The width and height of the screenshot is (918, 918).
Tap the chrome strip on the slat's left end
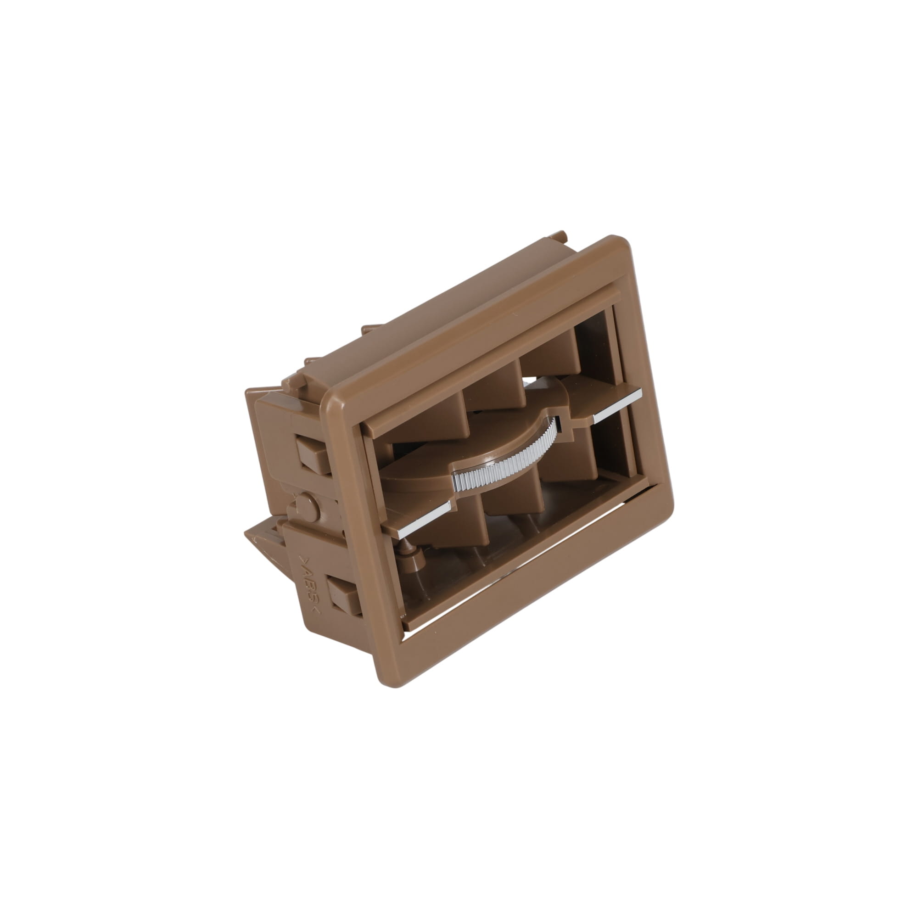click(x=423, y=521)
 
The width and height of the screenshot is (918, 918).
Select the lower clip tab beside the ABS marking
click(x=343, y=594)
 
